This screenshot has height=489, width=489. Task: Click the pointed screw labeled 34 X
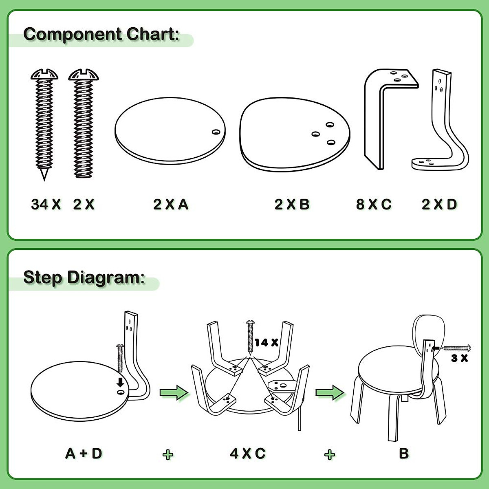(44, 122)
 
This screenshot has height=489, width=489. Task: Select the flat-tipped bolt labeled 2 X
(84, 122)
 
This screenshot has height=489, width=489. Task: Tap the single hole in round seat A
(216, 132)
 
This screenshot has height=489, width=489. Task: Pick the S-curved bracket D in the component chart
(442, 122)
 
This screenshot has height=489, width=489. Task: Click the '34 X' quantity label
(46, 204)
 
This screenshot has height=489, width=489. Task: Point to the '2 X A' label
(171, 204)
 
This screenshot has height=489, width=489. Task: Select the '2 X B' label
(292, 204)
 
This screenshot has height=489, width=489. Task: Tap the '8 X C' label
(374, 204)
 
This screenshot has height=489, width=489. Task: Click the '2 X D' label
(439, 204)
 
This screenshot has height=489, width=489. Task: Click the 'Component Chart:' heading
(101, 34)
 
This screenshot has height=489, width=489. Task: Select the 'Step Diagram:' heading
(84, 278)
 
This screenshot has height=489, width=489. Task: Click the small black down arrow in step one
(120, 382)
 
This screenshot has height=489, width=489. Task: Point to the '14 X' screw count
(267, 343)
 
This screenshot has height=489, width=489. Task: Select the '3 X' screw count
(459, 359)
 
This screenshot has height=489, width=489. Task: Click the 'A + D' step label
(84, 453)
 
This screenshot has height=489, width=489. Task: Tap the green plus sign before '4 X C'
(167, 454)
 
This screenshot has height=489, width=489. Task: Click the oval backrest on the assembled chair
(424, 330)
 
